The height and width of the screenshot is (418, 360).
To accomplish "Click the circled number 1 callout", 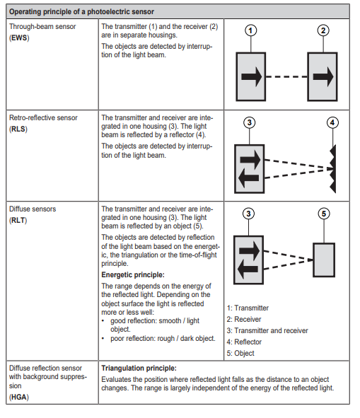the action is [250, 30].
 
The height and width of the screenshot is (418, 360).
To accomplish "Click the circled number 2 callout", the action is [323, 30].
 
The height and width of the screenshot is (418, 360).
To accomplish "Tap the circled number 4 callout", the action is [332, 122].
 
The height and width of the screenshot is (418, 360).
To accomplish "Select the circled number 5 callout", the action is [324, 214].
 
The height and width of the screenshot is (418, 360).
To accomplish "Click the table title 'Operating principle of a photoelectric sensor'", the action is [81, 12].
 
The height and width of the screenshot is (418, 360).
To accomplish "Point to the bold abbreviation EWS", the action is [19, 38].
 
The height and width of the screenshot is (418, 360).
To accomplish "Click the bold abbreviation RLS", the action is [18, 129].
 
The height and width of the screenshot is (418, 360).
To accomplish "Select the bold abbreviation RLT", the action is [18, 220].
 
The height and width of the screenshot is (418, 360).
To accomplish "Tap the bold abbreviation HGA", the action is [19, 397].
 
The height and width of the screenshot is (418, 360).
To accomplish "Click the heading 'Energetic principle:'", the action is [133, 275].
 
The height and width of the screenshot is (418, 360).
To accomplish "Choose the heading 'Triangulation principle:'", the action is [139, 368].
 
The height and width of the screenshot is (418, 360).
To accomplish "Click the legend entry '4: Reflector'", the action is [244, 342].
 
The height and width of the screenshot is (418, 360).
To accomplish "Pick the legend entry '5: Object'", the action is [240, 353].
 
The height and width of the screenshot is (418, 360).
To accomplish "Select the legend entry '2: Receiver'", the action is [244, 319].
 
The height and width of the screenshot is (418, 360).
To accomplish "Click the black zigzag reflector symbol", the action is [333, 169].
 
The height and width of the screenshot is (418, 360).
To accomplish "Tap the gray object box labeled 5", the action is [324, 260].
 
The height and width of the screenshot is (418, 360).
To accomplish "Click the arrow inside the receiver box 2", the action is [323, 77].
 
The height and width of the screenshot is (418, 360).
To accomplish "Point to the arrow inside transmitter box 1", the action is [252, 77].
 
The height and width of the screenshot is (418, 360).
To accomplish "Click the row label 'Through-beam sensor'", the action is [42, 27].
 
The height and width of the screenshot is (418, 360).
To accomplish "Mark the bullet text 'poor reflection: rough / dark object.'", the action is [163, 339].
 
